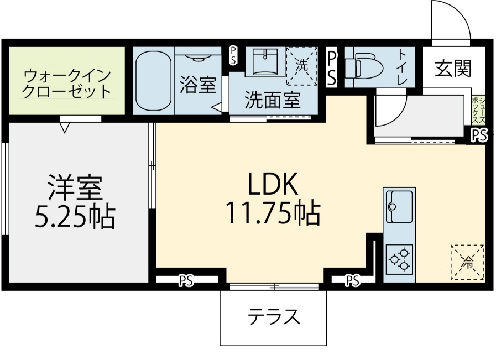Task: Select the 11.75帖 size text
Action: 273,213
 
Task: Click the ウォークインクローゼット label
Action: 67,84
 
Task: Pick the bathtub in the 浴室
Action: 153,81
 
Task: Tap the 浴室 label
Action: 198,85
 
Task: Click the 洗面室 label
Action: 273,100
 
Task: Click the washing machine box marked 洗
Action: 301,66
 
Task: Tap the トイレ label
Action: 402,67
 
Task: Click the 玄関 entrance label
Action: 453,69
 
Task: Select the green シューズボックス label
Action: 478,111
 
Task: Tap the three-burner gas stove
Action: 399,260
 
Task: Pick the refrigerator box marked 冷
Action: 467,262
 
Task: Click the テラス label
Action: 274,316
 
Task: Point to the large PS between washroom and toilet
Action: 332,69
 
